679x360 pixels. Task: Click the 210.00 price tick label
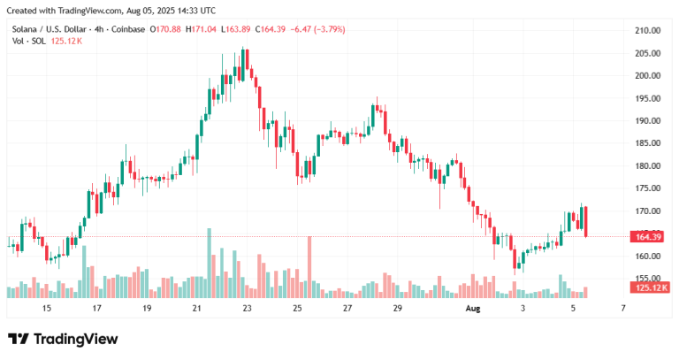click(648, 30)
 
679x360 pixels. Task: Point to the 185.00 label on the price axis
click(648, 143)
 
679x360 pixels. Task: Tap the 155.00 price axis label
click(648, 279)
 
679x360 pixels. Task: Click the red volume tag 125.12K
click(651, 287)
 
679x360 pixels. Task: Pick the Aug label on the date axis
click(473, 309)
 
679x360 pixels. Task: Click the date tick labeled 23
click(248, 309)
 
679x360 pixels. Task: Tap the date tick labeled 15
click(46, 309)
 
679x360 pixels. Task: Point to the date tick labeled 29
click(397, 309)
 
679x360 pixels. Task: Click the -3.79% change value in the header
click(329, 29)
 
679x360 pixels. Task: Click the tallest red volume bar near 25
click(309, 266)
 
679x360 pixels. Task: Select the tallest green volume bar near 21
click(209, 263)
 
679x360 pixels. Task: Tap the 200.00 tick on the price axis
click(648, 75)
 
